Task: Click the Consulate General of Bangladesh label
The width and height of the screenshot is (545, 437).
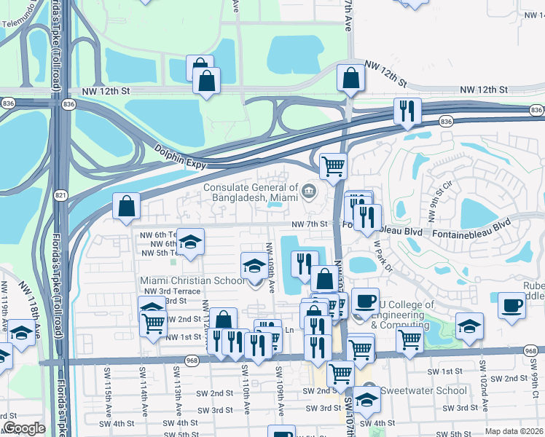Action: tap(251, 192)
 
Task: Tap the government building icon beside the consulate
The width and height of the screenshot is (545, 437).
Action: tap(309, 192)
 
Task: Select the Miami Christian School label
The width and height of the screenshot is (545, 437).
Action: tap(192, 280)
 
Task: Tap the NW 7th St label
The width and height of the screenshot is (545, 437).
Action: tap(310, 224)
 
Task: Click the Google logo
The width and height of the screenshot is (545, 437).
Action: tap(24, 428)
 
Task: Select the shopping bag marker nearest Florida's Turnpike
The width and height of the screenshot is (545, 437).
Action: tap(127, 205)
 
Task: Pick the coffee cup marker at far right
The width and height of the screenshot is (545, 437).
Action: tap(512, 304)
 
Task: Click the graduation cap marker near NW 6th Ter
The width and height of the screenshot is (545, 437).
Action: tap(190, 242)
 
